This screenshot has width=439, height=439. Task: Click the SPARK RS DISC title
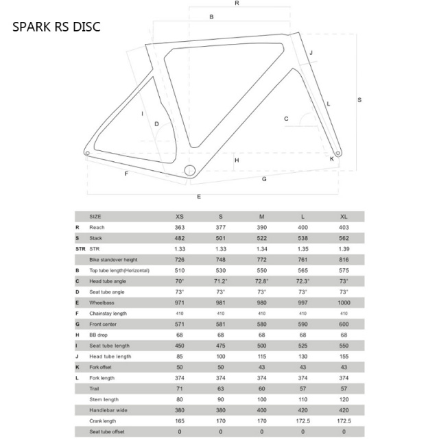(56, 27)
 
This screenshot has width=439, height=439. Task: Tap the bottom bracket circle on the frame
(189, 170)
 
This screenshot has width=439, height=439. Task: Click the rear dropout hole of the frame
(87, 153)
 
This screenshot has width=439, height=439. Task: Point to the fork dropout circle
(338, 153)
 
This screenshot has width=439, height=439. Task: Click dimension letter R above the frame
(237, 3)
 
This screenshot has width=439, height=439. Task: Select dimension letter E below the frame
(199, 197)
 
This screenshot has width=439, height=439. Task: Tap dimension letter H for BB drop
(237, 160)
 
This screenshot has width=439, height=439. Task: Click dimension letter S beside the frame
(359, 99)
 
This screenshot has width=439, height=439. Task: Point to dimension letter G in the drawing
(264, 179)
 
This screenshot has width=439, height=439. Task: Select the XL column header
(344, 217)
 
